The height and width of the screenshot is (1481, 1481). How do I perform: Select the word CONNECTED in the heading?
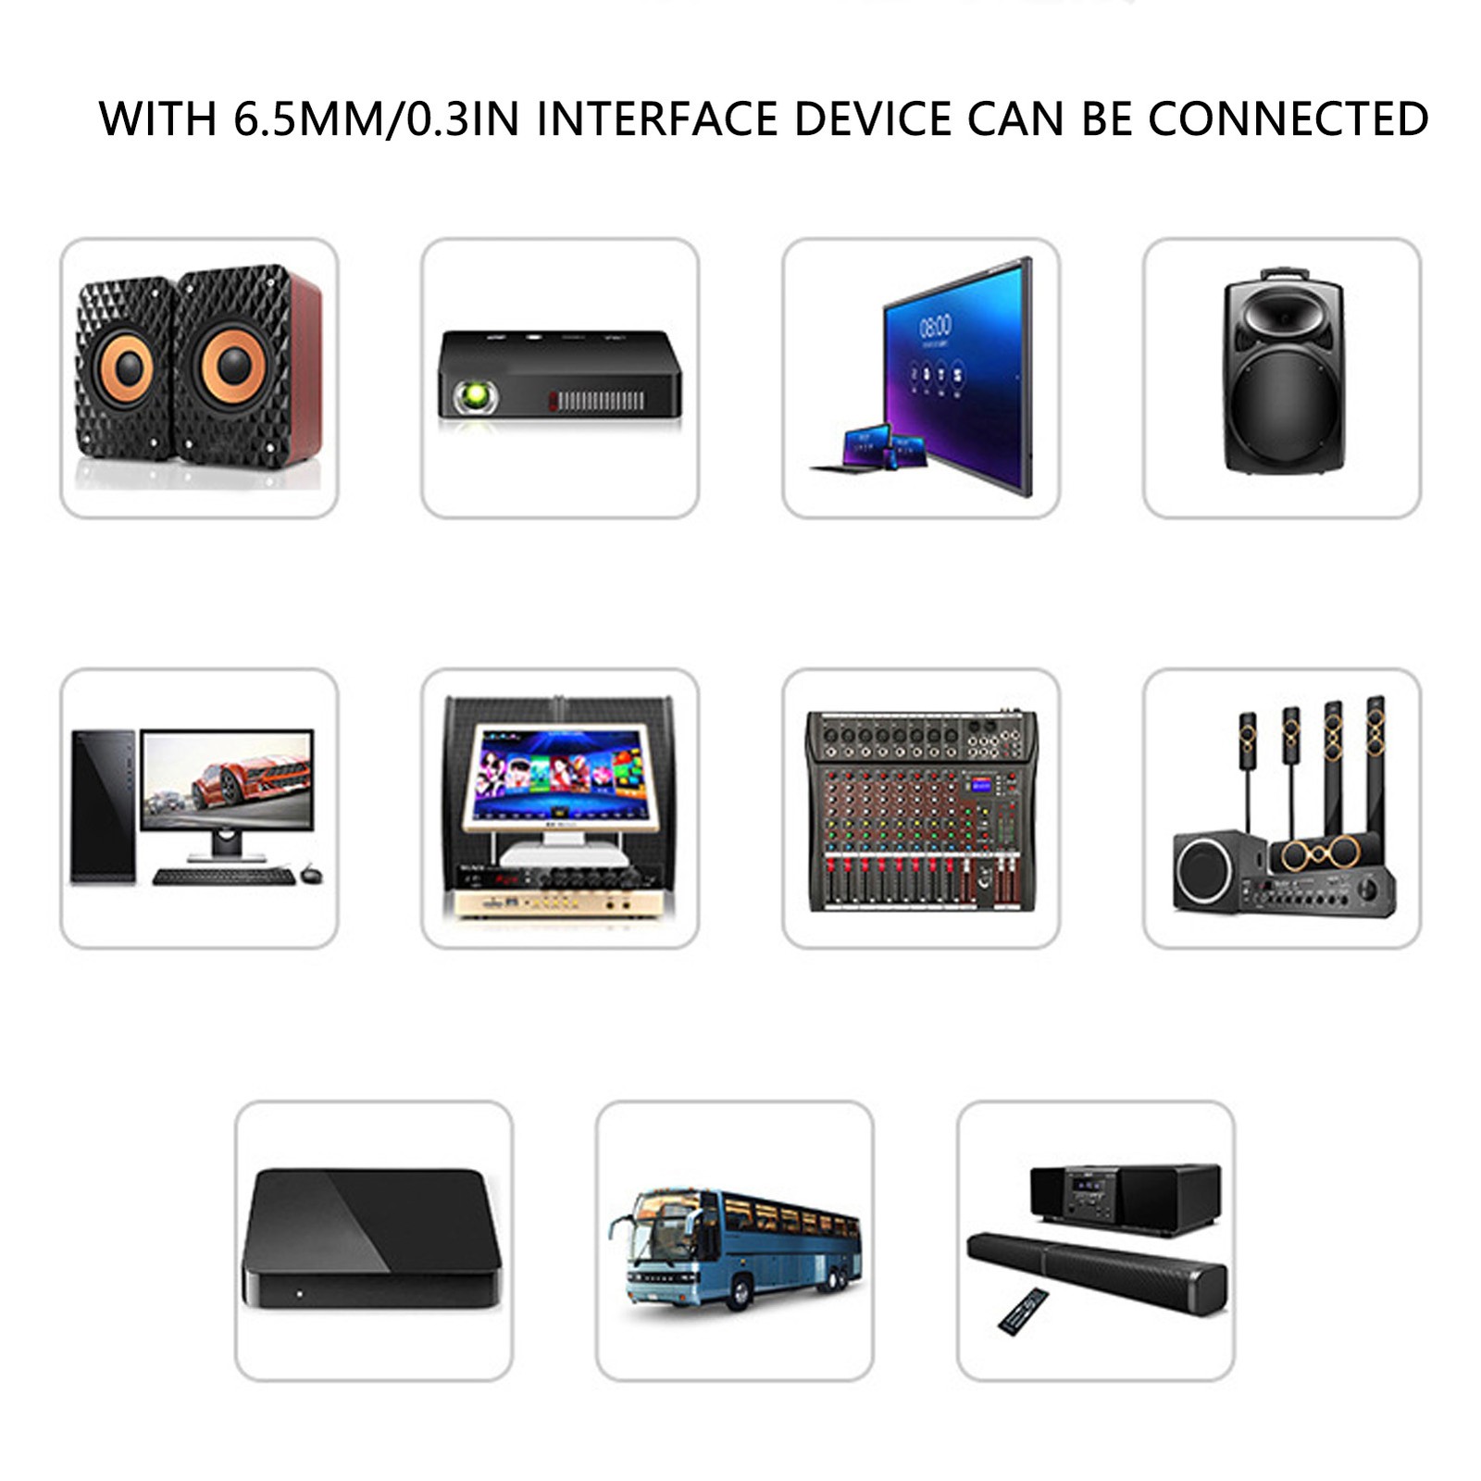tap(1288, 119)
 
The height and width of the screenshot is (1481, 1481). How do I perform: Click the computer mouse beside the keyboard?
tap(312, 874)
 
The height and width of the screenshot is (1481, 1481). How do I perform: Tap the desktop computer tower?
tap(103, 804)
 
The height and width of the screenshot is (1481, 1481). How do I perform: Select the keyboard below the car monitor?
tap(224, 876)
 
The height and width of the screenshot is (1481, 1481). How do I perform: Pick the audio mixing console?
tap(921, 810)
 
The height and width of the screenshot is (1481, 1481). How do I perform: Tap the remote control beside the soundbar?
tap(1023, 1311)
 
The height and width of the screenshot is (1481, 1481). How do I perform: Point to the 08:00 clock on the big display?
tap(935, 326)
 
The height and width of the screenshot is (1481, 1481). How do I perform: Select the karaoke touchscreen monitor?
tap(558, 776)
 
